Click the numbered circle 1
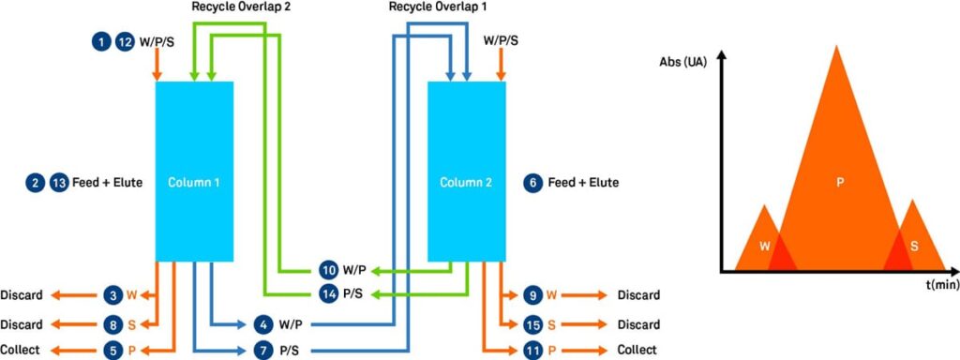tap(100, 41)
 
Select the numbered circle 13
tap(59, 182)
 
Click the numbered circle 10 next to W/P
tap(329, 270)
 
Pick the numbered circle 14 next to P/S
tap(329, 294)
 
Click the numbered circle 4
tap(263, 324)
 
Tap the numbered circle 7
tap(263, 351)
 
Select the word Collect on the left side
tap(21, 351)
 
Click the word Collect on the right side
tap(637, 351)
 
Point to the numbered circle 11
tap(532, 351)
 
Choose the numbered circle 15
tap(532, 324)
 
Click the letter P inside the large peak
tap(839, 182)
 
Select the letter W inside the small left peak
tap(766, 246)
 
